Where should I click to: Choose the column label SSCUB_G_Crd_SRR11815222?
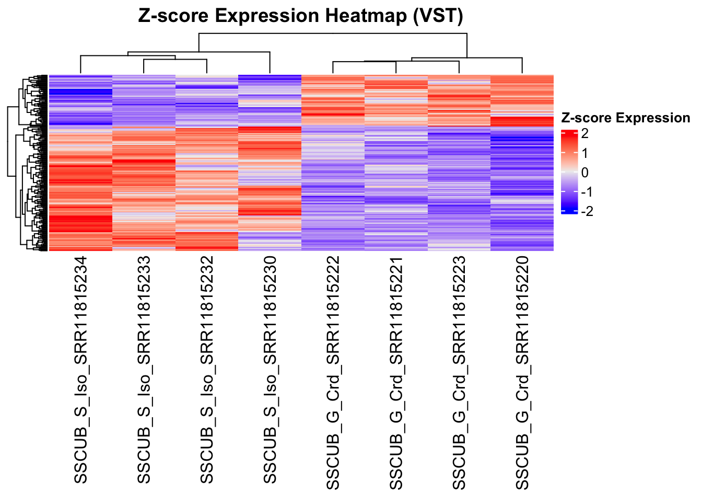click(333, 373)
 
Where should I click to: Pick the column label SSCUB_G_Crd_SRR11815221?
click(396, 373)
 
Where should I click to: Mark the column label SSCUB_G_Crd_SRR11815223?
click(459, 373)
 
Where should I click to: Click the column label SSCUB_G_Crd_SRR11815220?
click(522, 373)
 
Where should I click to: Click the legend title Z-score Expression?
click(625, 118)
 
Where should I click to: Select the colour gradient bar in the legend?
click(569, 172)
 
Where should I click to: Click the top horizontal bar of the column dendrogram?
click(333, 33)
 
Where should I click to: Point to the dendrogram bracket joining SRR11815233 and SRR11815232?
click(175, 60)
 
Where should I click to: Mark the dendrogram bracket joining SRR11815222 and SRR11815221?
click(364, 62)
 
